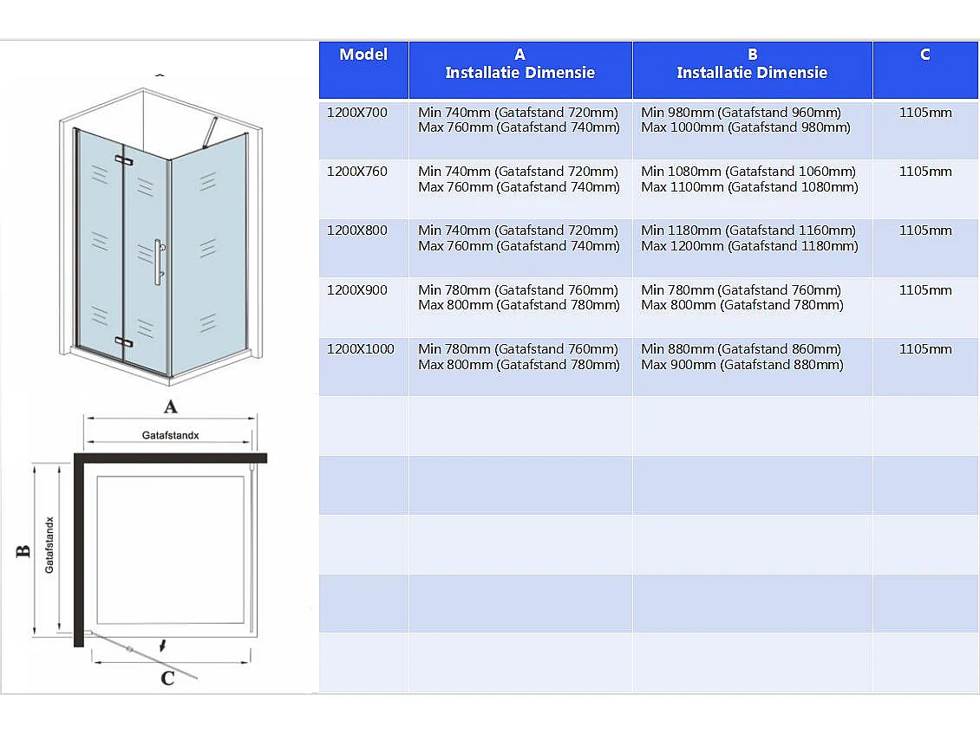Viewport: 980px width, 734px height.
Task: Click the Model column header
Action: click(363, 55)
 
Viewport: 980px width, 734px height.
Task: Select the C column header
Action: click(924, 55)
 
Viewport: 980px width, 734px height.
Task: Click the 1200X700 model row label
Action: click(356, 113)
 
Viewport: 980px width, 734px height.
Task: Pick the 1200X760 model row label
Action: click(356, 172)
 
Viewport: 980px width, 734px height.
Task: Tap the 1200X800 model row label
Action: click(356, 231)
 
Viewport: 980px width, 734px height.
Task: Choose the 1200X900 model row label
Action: click(356, 290)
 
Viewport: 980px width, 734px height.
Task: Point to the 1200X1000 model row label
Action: click(360, 349)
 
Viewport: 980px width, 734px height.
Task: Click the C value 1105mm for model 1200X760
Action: click(925, 172)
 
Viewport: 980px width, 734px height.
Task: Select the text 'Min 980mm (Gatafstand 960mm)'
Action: click(741, 113)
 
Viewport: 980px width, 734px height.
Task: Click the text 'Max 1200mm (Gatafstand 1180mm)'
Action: click(749, 246)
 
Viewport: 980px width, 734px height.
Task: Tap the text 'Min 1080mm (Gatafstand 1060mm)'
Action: click(748, 172)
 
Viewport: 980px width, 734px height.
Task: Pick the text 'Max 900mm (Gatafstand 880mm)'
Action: click(742, 365)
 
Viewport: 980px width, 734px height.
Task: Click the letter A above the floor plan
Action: click(171, 406)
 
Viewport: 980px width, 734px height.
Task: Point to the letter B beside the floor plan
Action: click(23, 550)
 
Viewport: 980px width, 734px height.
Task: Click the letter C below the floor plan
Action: click(167, 679)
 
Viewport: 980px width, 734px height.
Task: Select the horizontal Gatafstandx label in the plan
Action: click(171, 435)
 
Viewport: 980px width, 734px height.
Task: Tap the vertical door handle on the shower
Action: click(158, 262)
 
